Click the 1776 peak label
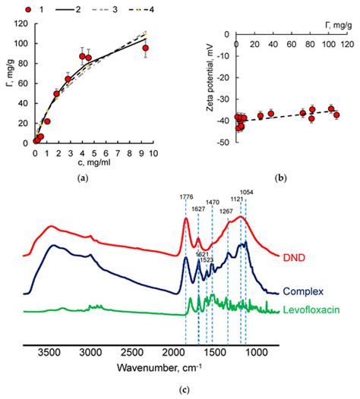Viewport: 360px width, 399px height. pyautogui.click(x=186, y=197)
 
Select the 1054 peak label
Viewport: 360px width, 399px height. pyautogui.click(x=247, y=192)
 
